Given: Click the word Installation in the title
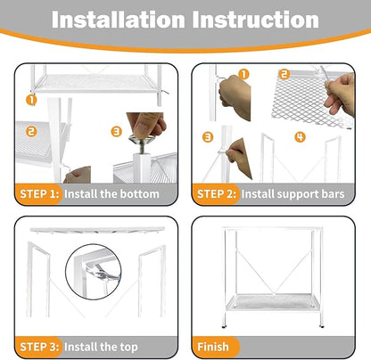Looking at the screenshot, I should pyautogui.click(x=122, y=20).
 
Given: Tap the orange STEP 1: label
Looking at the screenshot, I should pyautogui.click(x=39, y=193).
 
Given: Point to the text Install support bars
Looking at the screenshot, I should pyautogui.click(x=301, y=193).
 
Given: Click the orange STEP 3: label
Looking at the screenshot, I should pyautogui.click(x=39, y=346).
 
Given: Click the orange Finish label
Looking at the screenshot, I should pyautogui.click(x=212, y=346).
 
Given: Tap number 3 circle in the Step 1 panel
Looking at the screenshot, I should pyautogui.click(x=116, y=132).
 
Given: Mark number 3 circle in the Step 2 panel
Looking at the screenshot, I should pyautogui.click(x=207, y=136).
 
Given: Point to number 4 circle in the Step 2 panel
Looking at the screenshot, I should pyautogui.click(x=300, y=136).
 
